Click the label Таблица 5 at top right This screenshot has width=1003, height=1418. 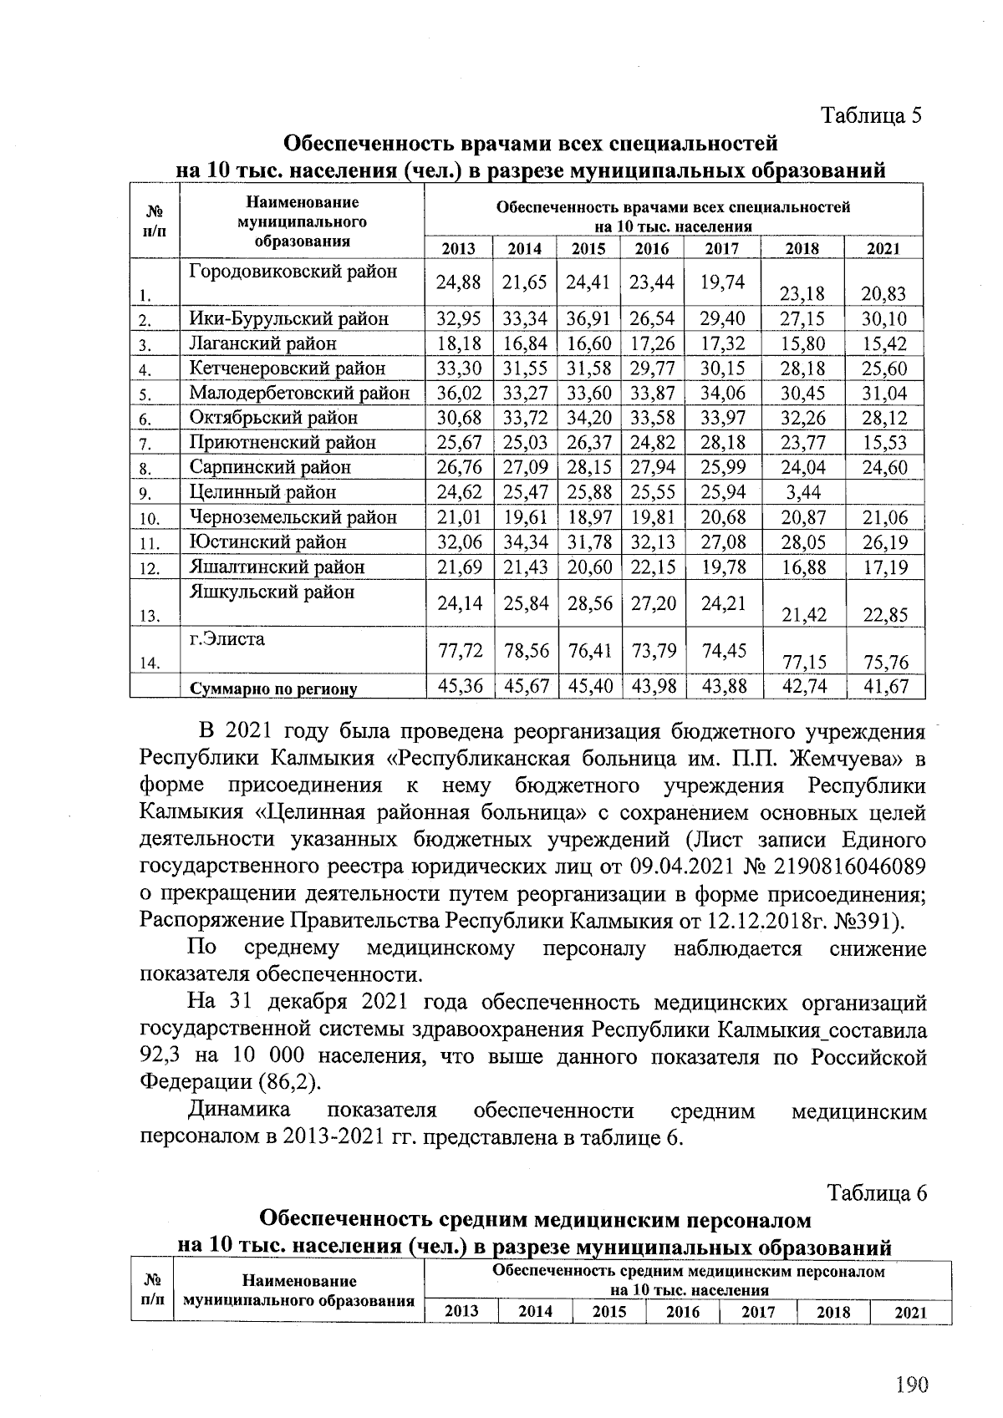pos(872,115)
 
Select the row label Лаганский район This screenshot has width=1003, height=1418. pos(262,343)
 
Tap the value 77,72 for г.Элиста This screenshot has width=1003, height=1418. pos(459,650)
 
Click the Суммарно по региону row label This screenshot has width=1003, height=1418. pos(273,689)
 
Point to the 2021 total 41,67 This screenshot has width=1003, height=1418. pos(885,687)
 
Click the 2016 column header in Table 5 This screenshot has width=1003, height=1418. pos(651,248)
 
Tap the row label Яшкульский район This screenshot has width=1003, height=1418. pos(272,592)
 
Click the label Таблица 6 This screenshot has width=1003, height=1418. pos(878,1193)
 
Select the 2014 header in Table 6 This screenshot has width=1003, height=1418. pos(535,1312)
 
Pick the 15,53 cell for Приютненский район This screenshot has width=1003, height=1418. pos(885,443)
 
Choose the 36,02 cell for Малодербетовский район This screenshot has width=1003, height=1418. pos(459,393)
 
